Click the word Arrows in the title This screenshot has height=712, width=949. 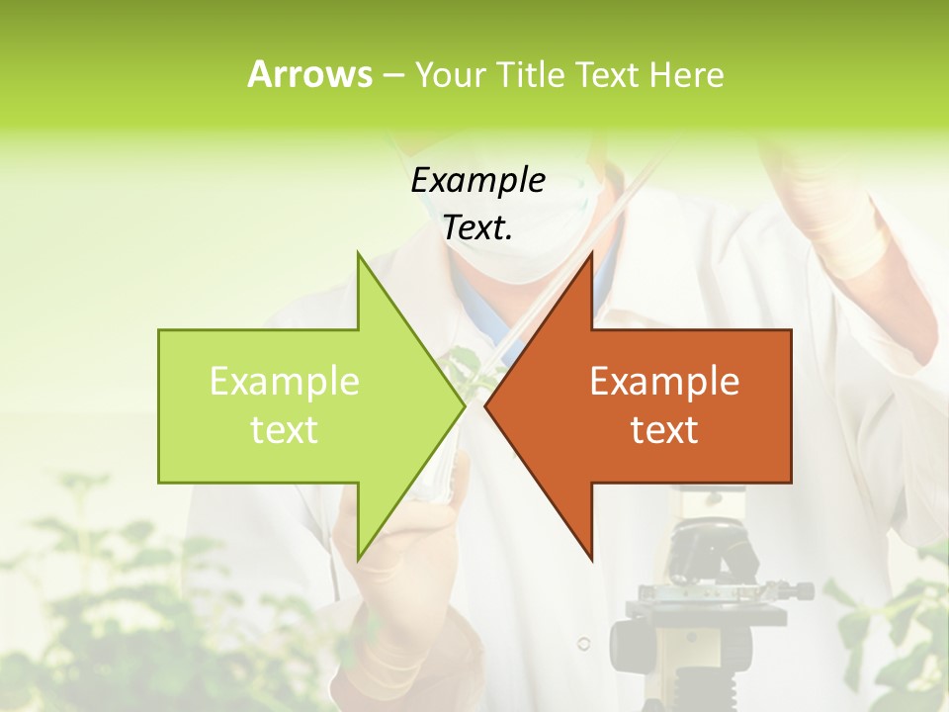[x=309, y=74]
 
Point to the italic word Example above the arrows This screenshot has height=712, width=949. [x=478, y=180]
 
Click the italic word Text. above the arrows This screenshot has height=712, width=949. [x=478, y=227]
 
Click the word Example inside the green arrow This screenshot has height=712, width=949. [x=285, y=382]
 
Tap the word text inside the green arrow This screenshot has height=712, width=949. [x=285, y=430]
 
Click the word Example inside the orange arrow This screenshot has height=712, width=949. [x=664, y=382]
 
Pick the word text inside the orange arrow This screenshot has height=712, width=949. [x=664, y=430]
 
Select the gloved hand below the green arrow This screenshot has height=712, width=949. [x=395, y=593]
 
